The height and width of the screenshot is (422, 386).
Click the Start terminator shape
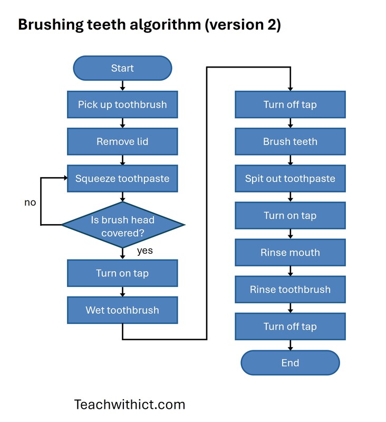coord(122,68)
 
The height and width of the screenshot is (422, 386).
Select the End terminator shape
coord(290,363)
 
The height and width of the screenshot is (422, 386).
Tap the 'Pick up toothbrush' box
coord(122,104)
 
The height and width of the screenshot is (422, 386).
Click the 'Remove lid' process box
coord(122,141)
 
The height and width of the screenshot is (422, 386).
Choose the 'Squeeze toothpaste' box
coord(122,178)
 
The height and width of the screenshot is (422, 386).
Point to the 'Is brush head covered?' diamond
coord(123,225)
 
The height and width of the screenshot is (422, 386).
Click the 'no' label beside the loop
coord(30,203)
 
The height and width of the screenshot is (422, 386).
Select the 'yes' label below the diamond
coord(144,251)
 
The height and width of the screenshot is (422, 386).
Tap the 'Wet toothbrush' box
coord(122,310)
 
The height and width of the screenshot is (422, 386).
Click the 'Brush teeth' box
coord(290,141)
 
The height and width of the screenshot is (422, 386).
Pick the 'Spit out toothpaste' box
coord(290,178)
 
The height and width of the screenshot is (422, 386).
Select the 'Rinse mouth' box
coord(290,252)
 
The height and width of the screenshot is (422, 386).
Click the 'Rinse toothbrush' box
coord(290,289)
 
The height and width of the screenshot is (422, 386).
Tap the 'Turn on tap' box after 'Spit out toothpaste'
coord(290,215)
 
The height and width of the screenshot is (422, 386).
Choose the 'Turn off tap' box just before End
coord(290,326)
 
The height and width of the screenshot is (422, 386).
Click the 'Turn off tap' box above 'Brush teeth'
coord(290,104)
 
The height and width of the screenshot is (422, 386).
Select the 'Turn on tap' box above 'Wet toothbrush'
coord(122,273)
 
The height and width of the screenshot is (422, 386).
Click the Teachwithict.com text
coord(130,405)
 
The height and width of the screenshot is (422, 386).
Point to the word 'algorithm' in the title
coord(152,25)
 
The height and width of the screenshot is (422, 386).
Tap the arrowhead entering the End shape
coord(290,347)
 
